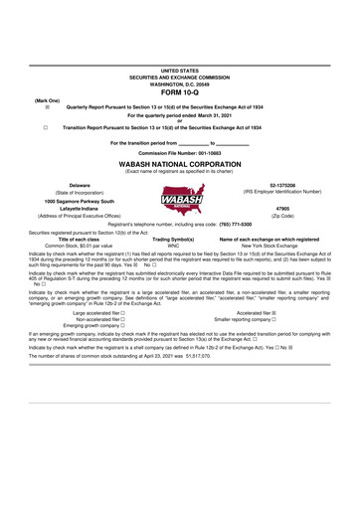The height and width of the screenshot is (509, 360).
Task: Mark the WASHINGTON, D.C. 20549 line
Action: click(179, 84)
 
